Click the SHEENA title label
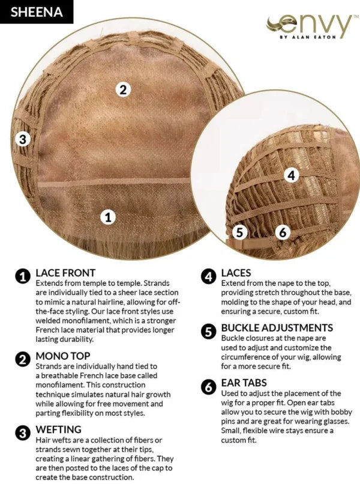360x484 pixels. [37, 12]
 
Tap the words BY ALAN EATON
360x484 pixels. [308, 37]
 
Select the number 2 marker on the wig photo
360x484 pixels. [123, 90]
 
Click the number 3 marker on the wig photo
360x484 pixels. [23, 139]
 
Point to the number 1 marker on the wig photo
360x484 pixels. [108, 217]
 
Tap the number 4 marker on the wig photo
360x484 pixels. [291, 175]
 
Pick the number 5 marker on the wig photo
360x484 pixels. [239, 232]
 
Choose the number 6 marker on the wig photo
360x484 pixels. [283, 232]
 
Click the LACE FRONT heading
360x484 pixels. [66, 273]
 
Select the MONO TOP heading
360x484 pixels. [63, 356]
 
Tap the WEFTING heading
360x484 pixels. [59, 429]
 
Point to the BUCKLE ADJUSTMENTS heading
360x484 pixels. [277, 327]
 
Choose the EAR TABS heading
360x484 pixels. [244, 383]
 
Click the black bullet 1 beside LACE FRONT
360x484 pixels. [23, 276]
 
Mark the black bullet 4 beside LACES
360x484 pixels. [209, 276]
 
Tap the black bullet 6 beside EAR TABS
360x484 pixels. [209, 387]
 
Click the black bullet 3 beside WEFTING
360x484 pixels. [23, 434]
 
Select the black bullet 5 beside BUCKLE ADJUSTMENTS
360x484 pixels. [209, 331]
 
